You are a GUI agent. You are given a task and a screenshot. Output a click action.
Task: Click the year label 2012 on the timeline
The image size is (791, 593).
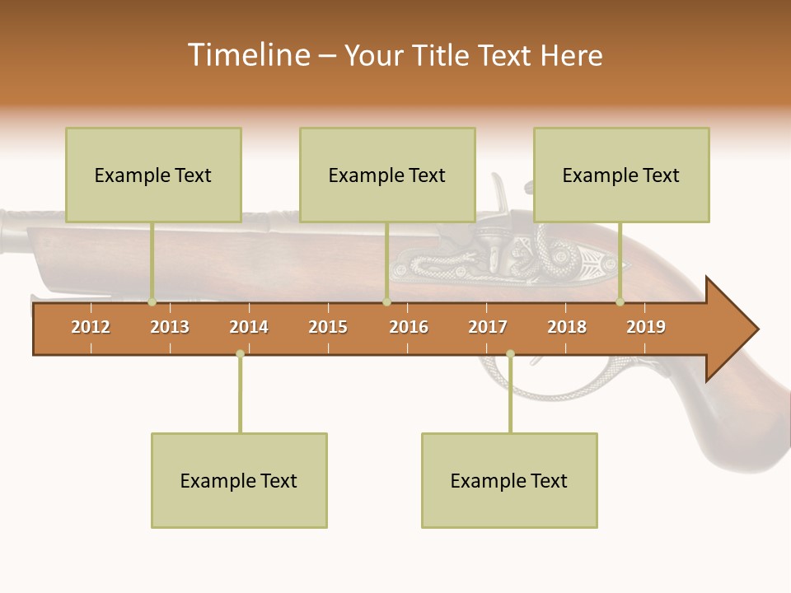[91, 327]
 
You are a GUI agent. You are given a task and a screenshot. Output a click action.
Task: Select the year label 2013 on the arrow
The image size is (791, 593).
[170, 327]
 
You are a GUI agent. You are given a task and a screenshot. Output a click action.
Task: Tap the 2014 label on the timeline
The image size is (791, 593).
[249, 327]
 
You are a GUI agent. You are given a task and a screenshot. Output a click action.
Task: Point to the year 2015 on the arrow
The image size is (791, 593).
[328, 327]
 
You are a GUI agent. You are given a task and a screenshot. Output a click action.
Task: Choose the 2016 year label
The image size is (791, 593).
[409, 327]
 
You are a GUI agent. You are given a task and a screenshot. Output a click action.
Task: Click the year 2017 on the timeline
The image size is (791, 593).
[488, 327]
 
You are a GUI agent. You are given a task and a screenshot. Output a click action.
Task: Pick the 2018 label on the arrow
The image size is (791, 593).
[567, 327]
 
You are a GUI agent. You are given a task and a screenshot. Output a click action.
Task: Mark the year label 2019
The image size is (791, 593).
[646, 327]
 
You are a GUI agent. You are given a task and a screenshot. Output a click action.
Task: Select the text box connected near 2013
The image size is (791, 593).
[153, 175]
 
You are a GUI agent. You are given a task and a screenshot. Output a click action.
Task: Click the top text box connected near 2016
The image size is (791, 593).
[387, 175]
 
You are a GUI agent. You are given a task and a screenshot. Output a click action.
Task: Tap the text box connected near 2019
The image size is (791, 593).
[621, 175]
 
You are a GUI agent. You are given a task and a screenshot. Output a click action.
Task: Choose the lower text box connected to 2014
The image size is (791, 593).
[239, 480]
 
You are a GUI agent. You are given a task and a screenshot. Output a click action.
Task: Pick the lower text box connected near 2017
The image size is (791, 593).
[509, 480]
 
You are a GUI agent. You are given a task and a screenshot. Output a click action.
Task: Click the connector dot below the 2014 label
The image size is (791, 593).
[240, 354]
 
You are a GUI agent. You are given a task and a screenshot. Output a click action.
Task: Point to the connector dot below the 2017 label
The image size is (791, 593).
[510, 354]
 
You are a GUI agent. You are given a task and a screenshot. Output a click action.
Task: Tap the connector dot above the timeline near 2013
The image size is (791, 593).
[152, 302]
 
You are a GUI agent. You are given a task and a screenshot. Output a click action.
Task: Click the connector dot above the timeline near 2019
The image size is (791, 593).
[620, 302]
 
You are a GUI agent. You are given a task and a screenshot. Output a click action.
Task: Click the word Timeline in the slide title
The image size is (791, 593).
[250, 55]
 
